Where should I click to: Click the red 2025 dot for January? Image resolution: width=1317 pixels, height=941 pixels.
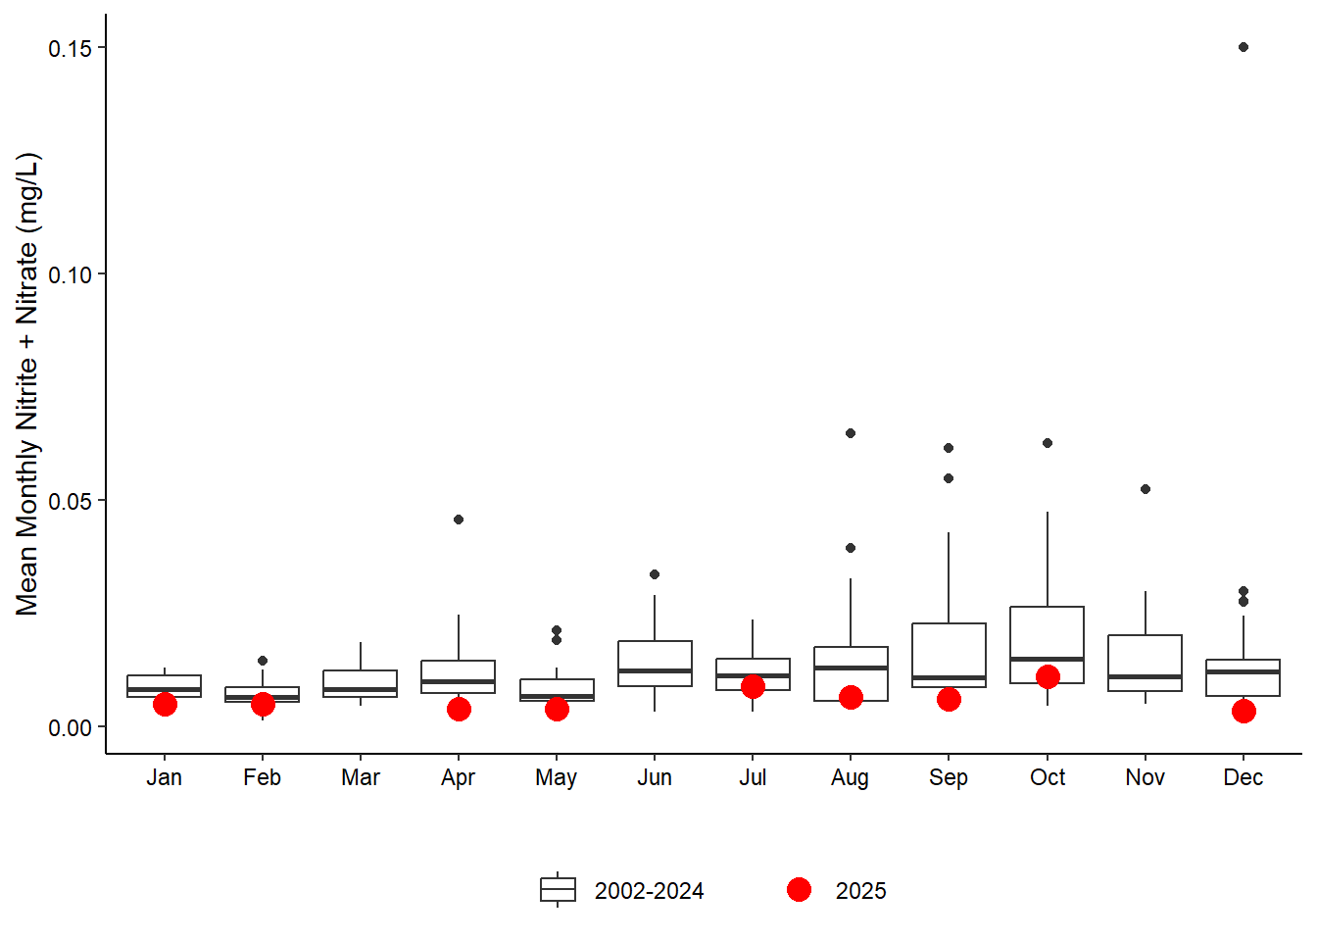point(165,705)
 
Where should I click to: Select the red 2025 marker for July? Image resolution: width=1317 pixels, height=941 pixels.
point(753,687)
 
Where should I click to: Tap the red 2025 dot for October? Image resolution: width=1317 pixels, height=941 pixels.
point(1048,677)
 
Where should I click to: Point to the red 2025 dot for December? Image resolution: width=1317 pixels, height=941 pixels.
point(1244,712)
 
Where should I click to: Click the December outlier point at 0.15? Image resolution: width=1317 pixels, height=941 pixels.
point(1244,47)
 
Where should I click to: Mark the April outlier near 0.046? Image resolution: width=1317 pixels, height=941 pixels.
point(459,520)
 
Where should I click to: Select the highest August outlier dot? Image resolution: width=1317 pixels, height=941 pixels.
point(851,433)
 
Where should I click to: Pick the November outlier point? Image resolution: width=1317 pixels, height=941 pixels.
point(1146,489)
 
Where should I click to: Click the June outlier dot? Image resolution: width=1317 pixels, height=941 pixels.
point(655,574)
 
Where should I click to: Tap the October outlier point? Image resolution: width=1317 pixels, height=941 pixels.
point(1048,443)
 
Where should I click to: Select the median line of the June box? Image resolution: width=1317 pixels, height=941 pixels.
point(655,671)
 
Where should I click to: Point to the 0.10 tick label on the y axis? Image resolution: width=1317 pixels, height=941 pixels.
point(70,275)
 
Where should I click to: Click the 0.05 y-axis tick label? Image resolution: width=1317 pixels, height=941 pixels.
point(70,502)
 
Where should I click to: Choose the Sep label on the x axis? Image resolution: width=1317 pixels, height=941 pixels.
point(949,778)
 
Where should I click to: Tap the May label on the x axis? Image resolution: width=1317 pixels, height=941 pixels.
point(557,778)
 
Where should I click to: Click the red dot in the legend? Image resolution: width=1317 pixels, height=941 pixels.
point(800,890)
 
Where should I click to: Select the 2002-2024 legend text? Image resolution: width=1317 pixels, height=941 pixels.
point(649,891)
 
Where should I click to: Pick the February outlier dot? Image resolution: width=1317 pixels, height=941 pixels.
point(263,661)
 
